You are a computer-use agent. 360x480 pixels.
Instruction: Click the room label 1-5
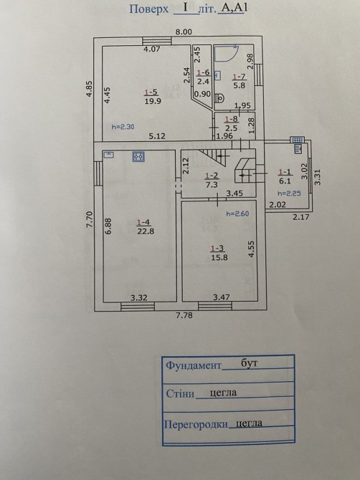coord(151,92)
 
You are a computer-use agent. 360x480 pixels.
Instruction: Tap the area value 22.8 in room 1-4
coord(146,231)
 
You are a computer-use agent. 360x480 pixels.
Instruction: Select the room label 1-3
coord(217,249)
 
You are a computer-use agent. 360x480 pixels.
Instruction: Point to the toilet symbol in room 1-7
coord(219,98)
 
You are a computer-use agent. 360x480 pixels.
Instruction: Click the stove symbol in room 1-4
coord(138,156)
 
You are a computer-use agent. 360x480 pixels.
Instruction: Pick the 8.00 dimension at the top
coord(183,32)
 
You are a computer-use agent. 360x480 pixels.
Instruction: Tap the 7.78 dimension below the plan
coord(184,315)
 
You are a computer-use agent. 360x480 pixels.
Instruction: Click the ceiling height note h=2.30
coord(123,127)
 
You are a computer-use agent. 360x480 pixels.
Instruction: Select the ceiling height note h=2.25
coord(289,193)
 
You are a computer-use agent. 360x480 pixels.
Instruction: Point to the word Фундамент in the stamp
coord(194,365)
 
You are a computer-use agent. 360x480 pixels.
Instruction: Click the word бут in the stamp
coord(249,363)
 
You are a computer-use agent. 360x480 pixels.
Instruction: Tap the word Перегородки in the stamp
coord(196,424)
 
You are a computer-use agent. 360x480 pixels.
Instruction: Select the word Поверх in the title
coord(149,9)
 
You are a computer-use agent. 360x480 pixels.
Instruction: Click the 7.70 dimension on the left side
coord(89,219)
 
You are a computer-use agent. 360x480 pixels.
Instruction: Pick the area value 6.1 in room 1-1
coord(285,181)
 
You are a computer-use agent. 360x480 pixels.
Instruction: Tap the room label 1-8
coord(231,120)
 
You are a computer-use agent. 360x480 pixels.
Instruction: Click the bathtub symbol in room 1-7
coord(226,53)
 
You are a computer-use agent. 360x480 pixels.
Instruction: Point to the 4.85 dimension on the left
coord(89,89)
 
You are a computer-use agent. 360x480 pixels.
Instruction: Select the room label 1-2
coord(212,176)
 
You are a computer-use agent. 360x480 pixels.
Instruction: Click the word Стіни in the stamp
coord(180,393)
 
